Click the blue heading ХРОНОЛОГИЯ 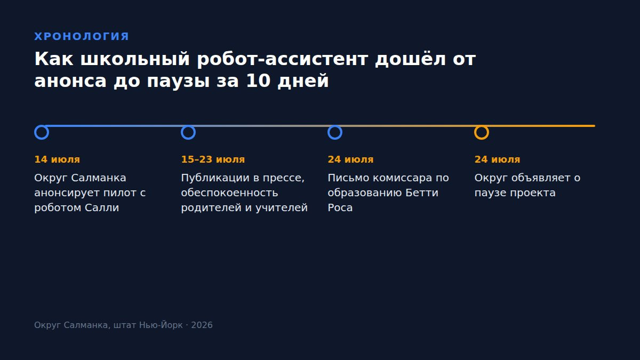click(82, 37)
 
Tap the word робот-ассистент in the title click(282, 59)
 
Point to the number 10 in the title click(258, 81)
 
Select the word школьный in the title click(135, 59)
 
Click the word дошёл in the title click(410, 59)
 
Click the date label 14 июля click(57, 159)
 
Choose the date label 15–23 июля click(213, 159)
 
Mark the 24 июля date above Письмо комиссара click(350, 159)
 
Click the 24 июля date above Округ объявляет click(498, 159)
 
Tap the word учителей click(282, 208)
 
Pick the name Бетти click(422, 193)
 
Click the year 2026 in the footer click(202, 325)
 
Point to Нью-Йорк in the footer click(161, 325)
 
